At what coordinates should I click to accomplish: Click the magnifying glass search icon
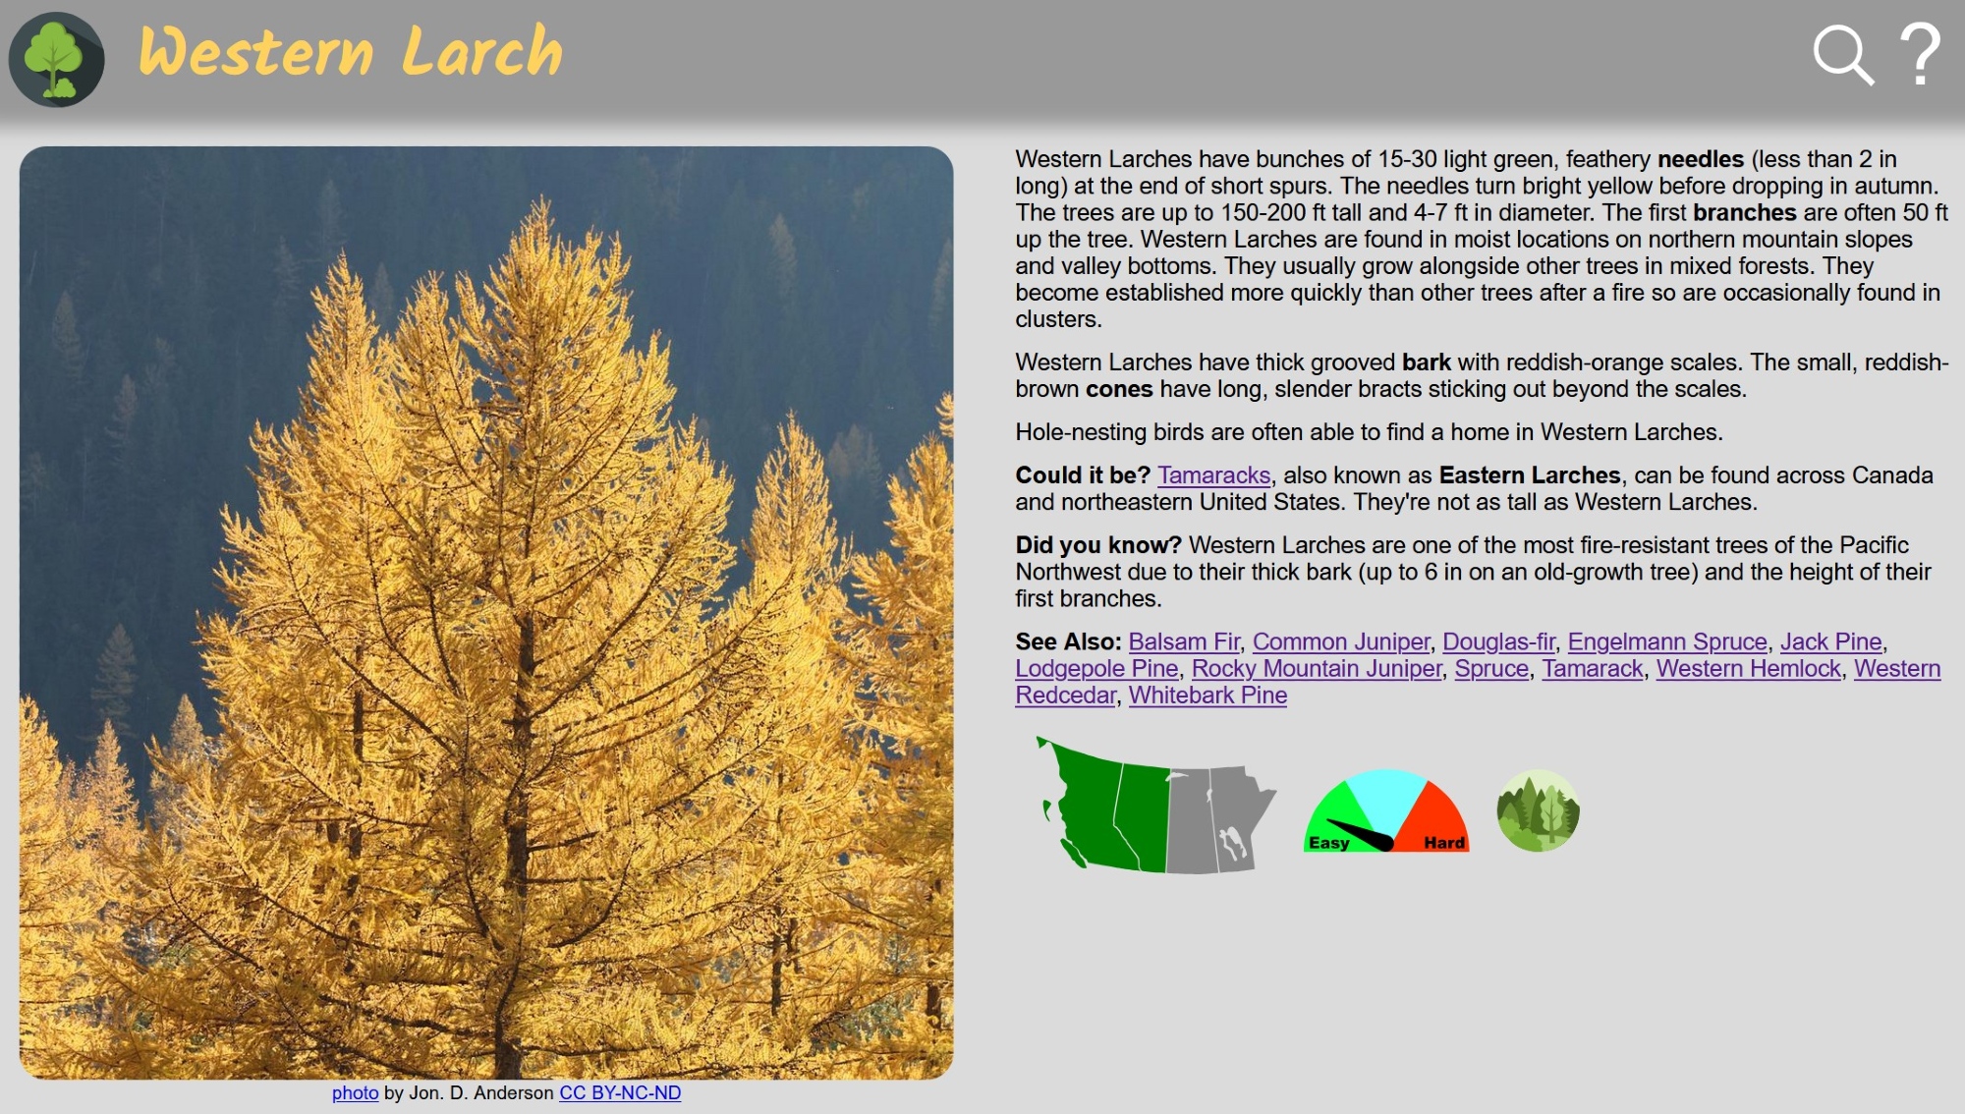[x=1843, y=55]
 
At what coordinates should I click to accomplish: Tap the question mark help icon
[x=1920, y=55]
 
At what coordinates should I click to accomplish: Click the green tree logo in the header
[x=56, y=59]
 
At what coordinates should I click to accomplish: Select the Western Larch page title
[x=350, y=51]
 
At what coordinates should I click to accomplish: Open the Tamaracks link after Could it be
[x=1213, y=475]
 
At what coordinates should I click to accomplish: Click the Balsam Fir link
[x=1184, y=641]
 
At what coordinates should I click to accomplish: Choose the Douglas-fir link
[x=1498, y=641]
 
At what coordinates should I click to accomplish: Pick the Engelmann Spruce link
[x=1667, y=641]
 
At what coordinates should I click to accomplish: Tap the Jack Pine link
[x=1831, y=641]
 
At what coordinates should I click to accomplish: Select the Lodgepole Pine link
[x=1096, y=668]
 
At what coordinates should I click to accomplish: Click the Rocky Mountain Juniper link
[x=1317, y=668]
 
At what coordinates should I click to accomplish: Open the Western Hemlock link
[x=1749, y=668]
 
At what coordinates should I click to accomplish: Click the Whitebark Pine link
[x=1207, y=695]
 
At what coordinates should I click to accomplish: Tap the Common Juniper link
[x=1341, y=641]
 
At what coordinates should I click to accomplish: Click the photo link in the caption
[x=355, y=1092]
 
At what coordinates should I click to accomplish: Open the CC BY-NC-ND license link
[x=620, y=1092]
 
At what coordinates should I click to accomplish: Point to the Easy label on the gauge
[x=1328, y=843]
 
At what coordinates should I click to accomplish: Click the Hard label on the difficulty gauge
[x=1444, y=843]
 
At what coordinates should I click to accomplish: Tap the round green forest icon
[x=1538, y=810]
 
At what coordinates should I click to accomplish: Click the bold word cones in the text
[x=1119, y=389]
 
